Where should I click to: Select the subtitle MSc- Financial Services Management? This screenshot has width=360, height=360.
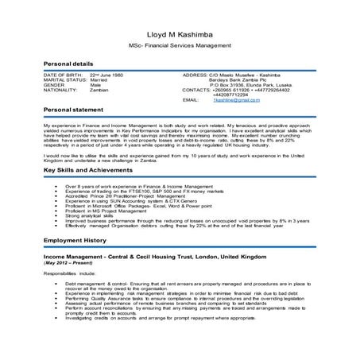pos(180,45)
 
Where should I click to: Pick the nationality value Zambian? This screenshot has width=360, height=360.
pos(99,91)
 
